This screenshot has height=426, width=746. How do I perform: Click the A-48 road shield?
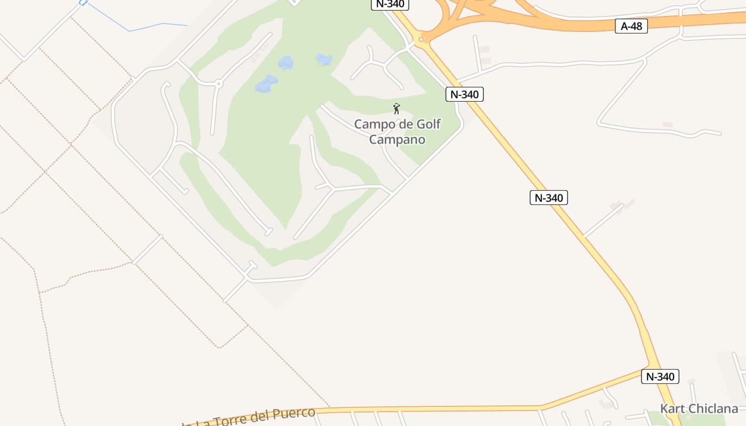pyautogui.click(x=631, y=26)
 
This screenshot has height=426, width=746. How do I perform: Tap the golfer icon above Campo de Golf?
pyautogui.click(x=396, y=109)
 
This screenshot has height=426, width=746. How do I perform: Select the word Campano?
pyautogui.click(x=398, y=140)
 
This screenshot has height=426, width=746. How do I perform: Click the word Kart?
pyautogui.click(x=672, y=408)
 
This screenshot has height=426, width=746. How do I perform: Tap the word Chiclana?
pyautogui.click(x=712, y=408)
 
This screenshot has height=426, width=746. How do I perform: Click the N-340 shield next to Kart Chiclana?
pyautogui.click(x=660, y=376)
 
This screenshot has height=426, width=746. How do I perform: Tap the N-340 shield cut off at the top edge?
pyautogui.click(x=390, y=4)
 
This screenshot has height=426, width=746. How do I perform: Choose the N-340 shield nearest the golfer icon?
pyautogui.click(x=465, y=94)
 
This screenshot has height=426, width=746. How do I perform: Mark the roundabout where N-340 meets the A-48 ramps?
pyautogui.click(x=421, y=39)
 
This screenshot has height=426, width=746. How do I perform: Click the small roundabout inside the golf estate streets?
pyautogui.click(x=218, y=84)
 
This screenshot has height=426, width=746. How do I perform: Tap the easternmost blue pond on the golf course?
pyautogui.click(x=323, y=59)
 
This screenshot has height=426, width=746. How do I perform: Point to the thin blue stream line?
pyautogui.click(x=144, y=27)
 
